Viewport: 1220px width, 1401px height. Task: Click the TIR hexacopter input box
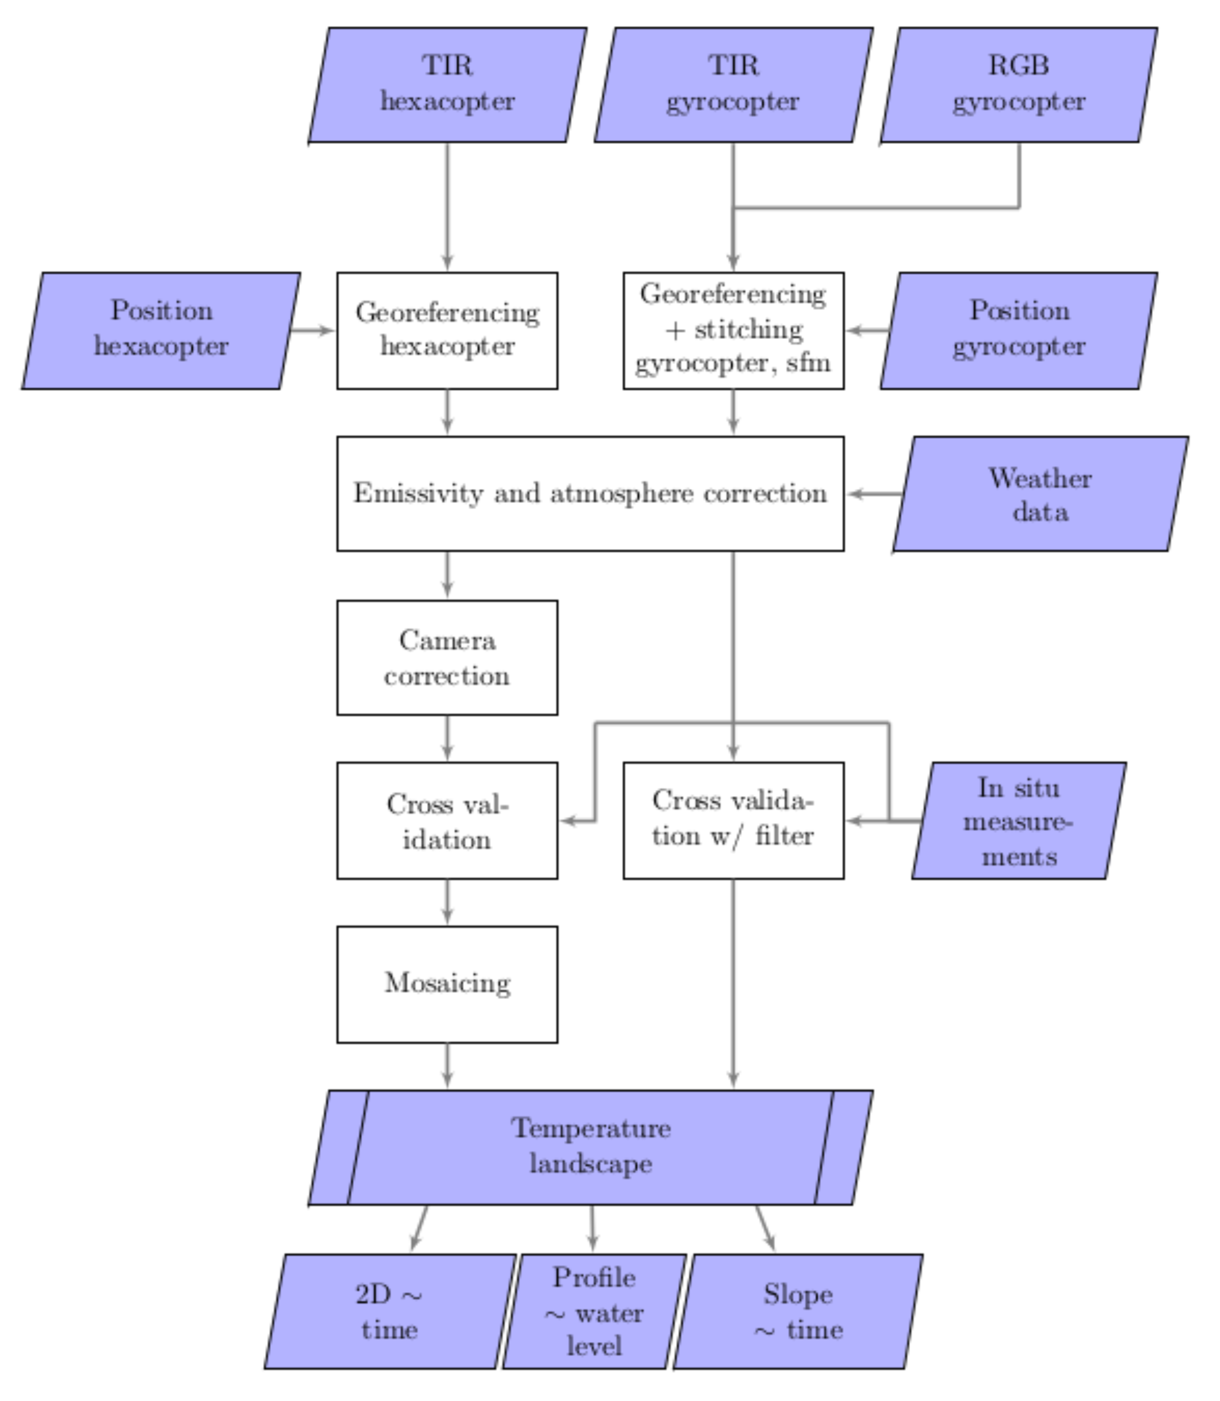(x=447, y=85)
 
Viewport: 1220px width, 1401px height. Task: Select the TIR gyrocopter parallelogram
(x=733, y=85)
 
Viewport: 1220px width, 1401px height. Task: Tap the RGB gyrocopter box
(x=1018, y=85)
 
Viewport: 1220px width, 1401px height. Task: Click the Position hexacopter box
(x=162, y=330)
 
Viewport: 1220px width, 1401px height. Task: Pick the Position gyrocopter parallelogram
(x=1018, y=330)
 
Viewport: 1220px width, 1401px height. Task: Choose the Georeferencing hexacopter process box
(x=447, y=330)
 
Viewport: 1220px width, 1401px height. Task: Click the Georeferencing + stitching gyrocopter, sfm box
(x=733, y=330)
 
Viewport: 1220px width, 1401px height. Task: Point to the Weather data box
(x=1040, y=494)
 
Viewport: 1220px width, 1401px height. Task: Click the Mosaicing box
(x=447, y=984)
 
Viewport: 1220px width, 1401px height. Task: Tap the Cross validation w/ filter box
(x=733, y=820)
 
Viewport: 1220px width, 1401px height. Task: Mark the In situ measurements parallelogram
(x=1018, y=820)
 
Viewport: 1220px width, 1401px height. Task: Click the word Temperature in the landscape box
(x=591, y=1129)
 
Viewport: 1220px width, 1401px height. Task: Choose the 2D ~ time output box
(x=389, y=1311)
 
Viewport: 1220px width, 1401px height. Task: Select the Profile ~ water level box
(x=594, y=1311)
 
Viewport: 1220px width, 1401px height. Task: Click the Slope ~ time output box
(x=798, y=1311)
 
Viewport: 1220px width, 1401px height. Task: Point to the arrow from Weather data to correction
(x=876, y=494)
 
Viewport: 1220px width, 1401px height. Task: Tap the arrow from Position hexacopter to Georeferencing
(x=312, y=331)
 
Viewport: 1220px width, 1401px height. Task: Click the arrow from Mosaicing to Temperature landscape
(x=447, y=1065)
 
